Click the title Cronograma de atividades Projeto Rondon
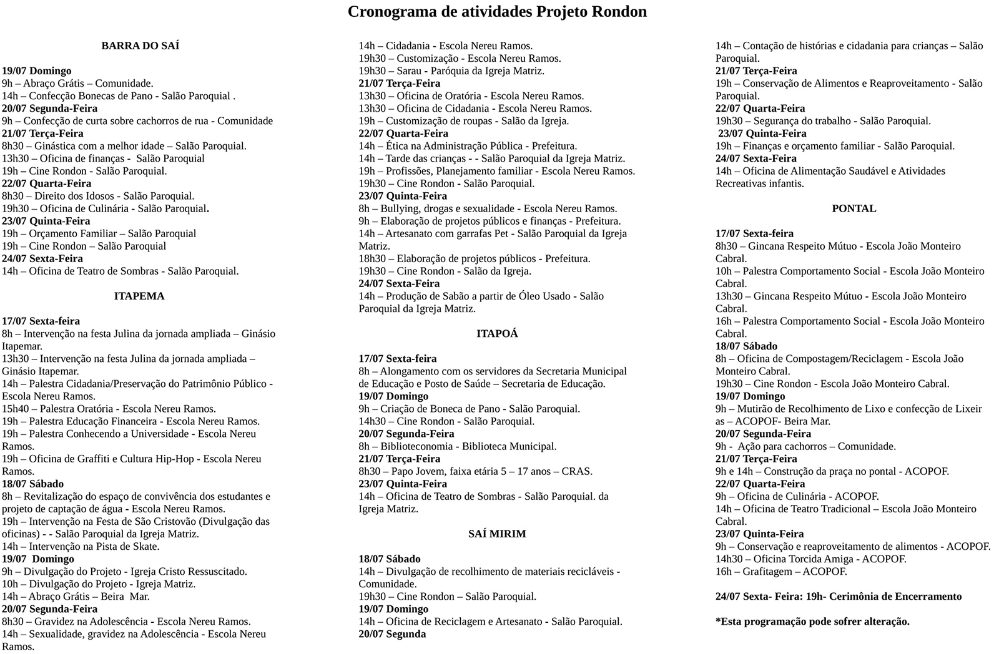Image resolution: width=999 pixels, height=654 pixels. tap(497, 12)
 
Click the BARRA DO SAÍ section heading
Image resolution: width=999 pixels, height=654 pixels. tap(140, 46)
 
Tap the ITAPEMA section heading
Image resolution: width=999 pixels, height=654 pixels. tap(139, 296)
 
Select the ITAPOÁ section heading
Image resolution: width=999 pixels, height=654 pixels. tap(497, 334)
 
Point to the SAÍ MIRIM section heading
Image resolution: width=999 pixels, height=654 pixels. tap(497, 534)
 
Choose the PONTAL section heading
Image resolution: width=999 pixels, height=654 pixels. tap(854, 208)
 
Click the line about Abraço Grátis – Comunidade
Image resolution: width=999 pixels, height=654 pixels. tap(77, 83)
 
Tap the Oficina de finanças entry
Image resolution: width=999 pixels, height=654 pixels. tap(103, 159)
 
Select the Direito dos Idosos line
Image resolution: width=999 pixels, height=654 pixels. tap(98, 196)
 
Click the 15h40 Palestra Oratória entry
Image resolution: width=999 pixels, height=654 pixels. tap(109, 409)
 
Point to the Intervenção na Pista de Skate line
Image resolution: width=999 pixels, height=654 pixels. tap(81, 547)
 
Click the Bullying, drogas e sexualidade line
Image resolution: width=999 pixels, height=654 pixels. tap(487, 208)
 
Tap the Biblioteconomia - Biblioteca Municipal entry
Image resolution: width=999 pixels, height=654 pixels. tap(457, 446)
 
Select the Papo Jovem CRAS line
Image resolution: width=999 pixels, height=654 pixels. tap(475, 471)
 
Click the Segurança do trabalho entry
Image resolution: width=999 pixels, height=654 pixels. tap(822, 121)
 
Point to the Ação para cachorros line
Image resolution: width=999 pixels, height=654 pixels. tap(805, 446)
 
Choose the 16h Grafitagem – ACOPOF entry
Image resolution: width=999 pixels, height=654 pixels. tap(781, 572)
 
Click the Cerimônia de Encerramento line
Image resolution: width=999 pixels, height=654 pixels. tap(838, 597)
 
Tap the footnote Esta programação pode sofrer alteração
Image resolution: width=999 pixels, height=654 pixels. tap(812, 622)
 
